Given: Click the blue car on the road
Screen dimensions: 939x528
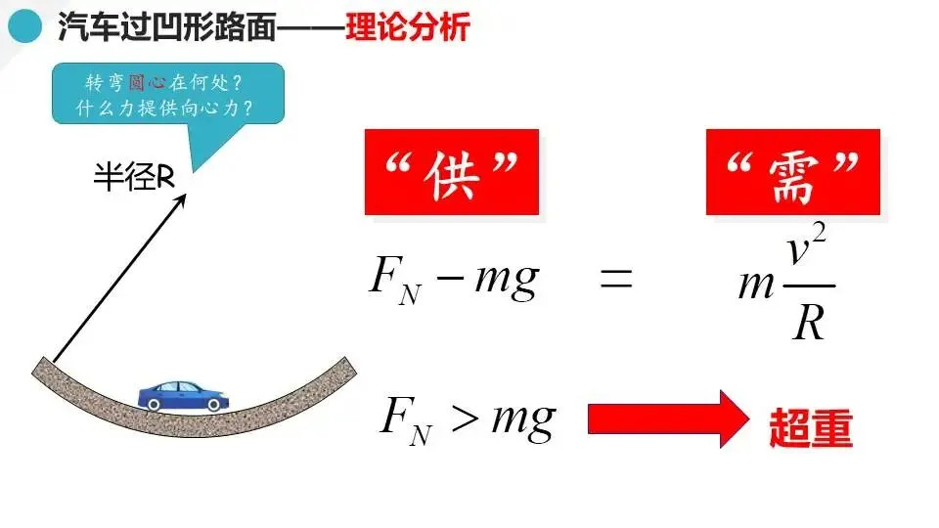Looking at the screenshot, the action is pos(183,394).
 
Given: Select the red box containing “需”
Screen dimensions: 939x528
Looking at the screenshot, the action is pos(793,172).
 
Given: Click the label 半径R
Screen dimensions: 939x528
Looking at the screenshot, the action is pos(133,177).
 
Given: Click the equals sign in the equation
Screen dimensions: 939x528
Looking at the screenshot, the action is pos(616,282).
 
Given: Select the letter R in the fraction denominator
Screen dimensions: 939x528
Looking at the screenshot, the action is pos(809,322).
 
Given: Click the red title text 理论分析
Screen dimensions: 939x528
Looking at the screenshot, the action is pos(408,27).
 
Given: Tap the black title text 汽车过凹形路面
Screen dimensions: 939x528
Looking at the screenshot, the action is pos(166,27).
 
